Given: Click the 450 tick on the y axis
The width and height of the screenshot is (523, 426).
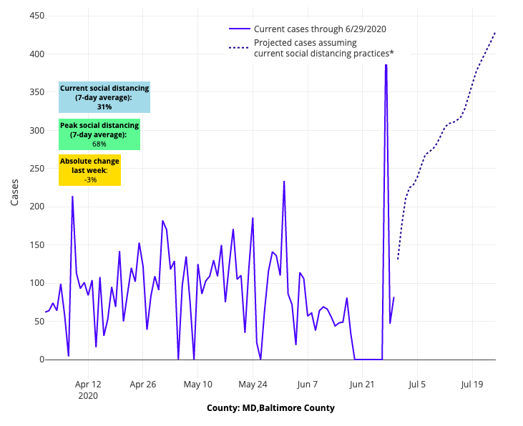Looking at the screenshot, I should pyautogui.click(x=31, y=16).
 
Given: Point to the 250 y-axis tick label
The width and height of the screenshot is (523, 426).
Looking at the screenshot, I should pyautogui.click(x=31, y=169).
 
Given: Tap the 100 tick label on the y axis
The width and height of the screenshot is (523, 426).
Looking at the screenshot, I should pyautogui.click(x=31, y=283).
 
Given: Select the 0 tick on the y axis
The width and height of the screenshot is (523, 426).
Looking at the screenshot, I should pyautogui.click(x=36, y=360).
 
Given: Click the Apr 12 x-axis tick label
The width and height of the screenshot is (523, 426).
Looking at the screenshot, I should pyautogui.click(x=88, y=384).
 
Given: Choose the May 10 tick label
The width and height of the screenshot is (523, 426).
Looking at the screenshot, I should pyautogui.click(x=198, y=384).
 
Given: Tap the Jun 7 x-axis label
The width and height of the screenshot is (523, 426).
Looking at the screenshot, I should pyautogui.click(x=308, y=384).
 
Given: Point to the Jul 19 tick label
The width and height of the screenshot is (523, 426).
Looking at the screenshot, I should pyautogui.click(x=472, y=384).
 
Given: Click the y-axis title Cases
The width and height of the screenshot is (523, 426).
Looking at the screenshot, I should pyautogui.click(x=15, y=192).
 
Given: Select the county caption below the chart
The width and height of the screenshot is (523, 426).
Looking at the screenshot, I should pyautogui.click(x=270, y=408).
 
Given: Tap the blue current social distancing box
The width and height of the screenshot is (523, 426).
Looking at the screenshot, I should pyautogui.click(x=104, y=97).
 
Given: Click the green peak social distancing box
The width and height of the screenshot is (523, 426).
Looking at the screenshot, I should pyautogui.click(x=99, y=134).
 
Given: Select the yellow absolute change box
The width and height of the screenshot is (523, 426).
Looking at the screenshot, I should pyautogui.click(x=89, y=170).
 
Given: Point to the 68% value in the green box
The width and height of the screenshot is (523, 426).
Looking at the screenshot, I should pyautogui.click(x=99, y=144).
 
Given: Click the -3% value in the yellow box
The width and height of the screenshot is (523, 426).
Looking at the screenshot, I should pyautogui.click(x=90, y=179).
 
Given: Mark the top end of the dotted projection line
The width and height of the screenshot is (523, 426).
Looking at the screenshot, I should pyautogui.click(x=495, y=32).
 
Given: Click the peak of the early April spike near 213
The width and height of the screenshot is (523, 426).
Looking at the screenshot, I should pyautogui.click(x=72, y=197).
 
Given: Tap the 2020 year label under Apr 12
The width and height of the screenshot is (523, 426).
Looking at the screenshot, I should pyautogui.click(x=88, y=395).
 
